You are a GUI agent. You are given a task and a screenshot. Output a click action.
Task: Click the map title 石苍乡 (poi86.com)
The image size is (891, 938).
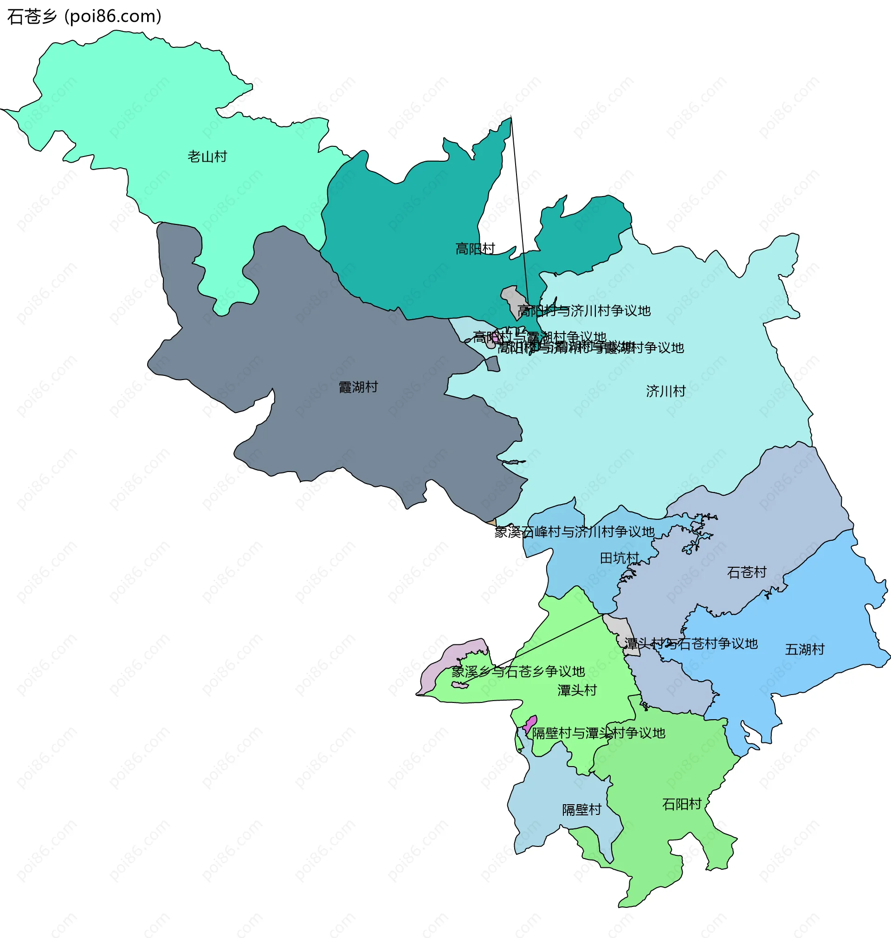click(84, 17)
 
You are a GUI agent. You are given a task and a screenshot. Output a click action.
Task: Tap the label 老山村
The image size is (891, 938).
click(207, 157)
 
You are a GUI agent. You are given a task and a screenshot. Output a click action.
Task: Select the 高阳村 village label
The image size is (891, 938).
click(474, 249)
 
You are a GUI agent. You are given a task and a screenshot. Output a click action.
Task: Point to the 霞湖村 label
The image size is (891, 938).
click(358, 387)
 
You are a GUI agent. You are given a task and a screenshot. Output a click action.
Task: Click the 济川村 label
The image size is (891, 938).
click(665, 391)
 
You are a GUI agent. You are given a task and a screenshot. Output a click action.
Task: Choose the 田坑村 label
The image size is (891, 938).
click(620, 558)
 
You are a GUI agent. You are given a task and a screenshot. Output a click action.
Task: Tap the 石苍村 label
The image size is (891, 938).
click(747, 572)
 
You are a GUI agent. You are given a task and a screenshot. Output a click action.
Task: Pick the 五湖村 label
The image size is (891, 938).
click(804, 649)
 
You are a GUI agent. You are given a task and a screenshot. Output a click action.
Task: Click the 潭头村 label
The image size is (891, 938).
click(576, 690)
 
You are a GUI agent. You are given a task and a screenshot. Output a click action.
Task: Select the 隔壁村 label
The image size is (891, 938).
click(581, 809)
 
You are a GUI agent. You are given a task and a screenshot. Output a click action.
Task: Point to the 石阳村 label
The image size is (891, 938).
click(682, 804)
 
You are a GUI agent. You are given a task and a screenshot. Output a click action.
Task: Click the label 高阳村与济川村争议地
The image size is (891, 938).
click(584, 311)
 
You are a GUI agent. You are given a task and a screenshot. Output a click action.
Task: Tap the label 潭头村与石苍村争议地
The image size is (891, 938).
click(691, 644)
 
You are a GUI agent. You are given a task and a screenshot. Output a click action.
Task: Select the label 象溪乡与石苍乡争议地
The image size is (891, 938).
click(518, 671)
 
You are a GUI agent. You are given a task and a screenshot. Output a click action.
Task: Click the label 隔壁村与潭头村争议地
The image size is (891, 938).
click(598, 733)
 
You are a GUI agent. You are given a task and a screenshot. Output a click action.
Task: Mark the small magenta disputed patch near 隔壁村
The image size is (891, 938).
click(529, 725)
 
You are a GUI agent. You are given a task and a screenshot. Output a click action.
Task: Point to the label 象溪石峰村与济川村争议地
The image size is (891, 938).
click(574, 531)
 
